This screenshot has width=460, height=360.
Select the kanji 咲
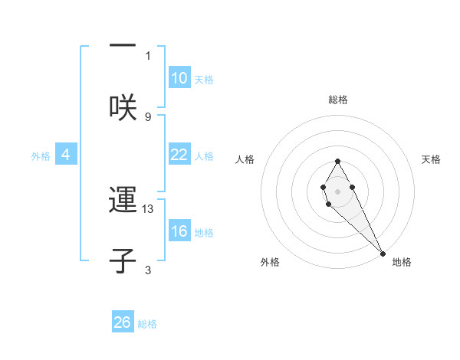(x=123, y=106)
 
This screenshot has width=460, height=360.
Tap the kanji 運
(x=123, y=201)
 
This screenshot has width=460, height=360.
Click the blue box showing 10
(x=179, y=78)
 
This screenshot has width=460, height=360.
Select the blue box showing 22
(x=179, y=155)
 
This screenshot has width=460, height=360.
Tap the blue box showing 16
(x=179, y=231)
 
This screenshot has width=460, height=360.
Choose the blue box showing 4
(x=66, y=155)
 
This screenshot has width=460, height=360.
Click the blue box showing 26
(x=123, y=322)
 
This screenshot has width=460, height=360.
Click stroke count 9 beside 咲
(x=148, y=116)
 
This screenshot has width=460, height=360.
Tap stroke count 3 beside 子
(x=148, y=270)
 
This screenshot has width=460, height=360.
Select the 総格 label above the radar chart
(x=338, y=100)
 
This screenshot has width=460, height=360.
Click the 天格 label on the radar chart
(x=431, y=159)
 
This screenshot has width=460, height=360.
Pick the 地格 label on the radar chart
(x=402, y=262)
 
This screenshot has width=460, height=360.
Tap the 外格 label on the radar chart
(x=270, y=262)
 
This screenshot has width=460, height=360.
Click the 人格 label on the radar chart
(x=245, y=159)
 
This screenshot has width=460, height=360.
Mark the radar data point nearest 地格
(x=383, y=253)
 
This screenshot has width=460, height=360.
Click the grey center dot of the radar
(x=337, y=191)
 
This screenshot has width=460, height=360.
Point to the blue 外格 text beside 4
(x=41, y=155)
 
